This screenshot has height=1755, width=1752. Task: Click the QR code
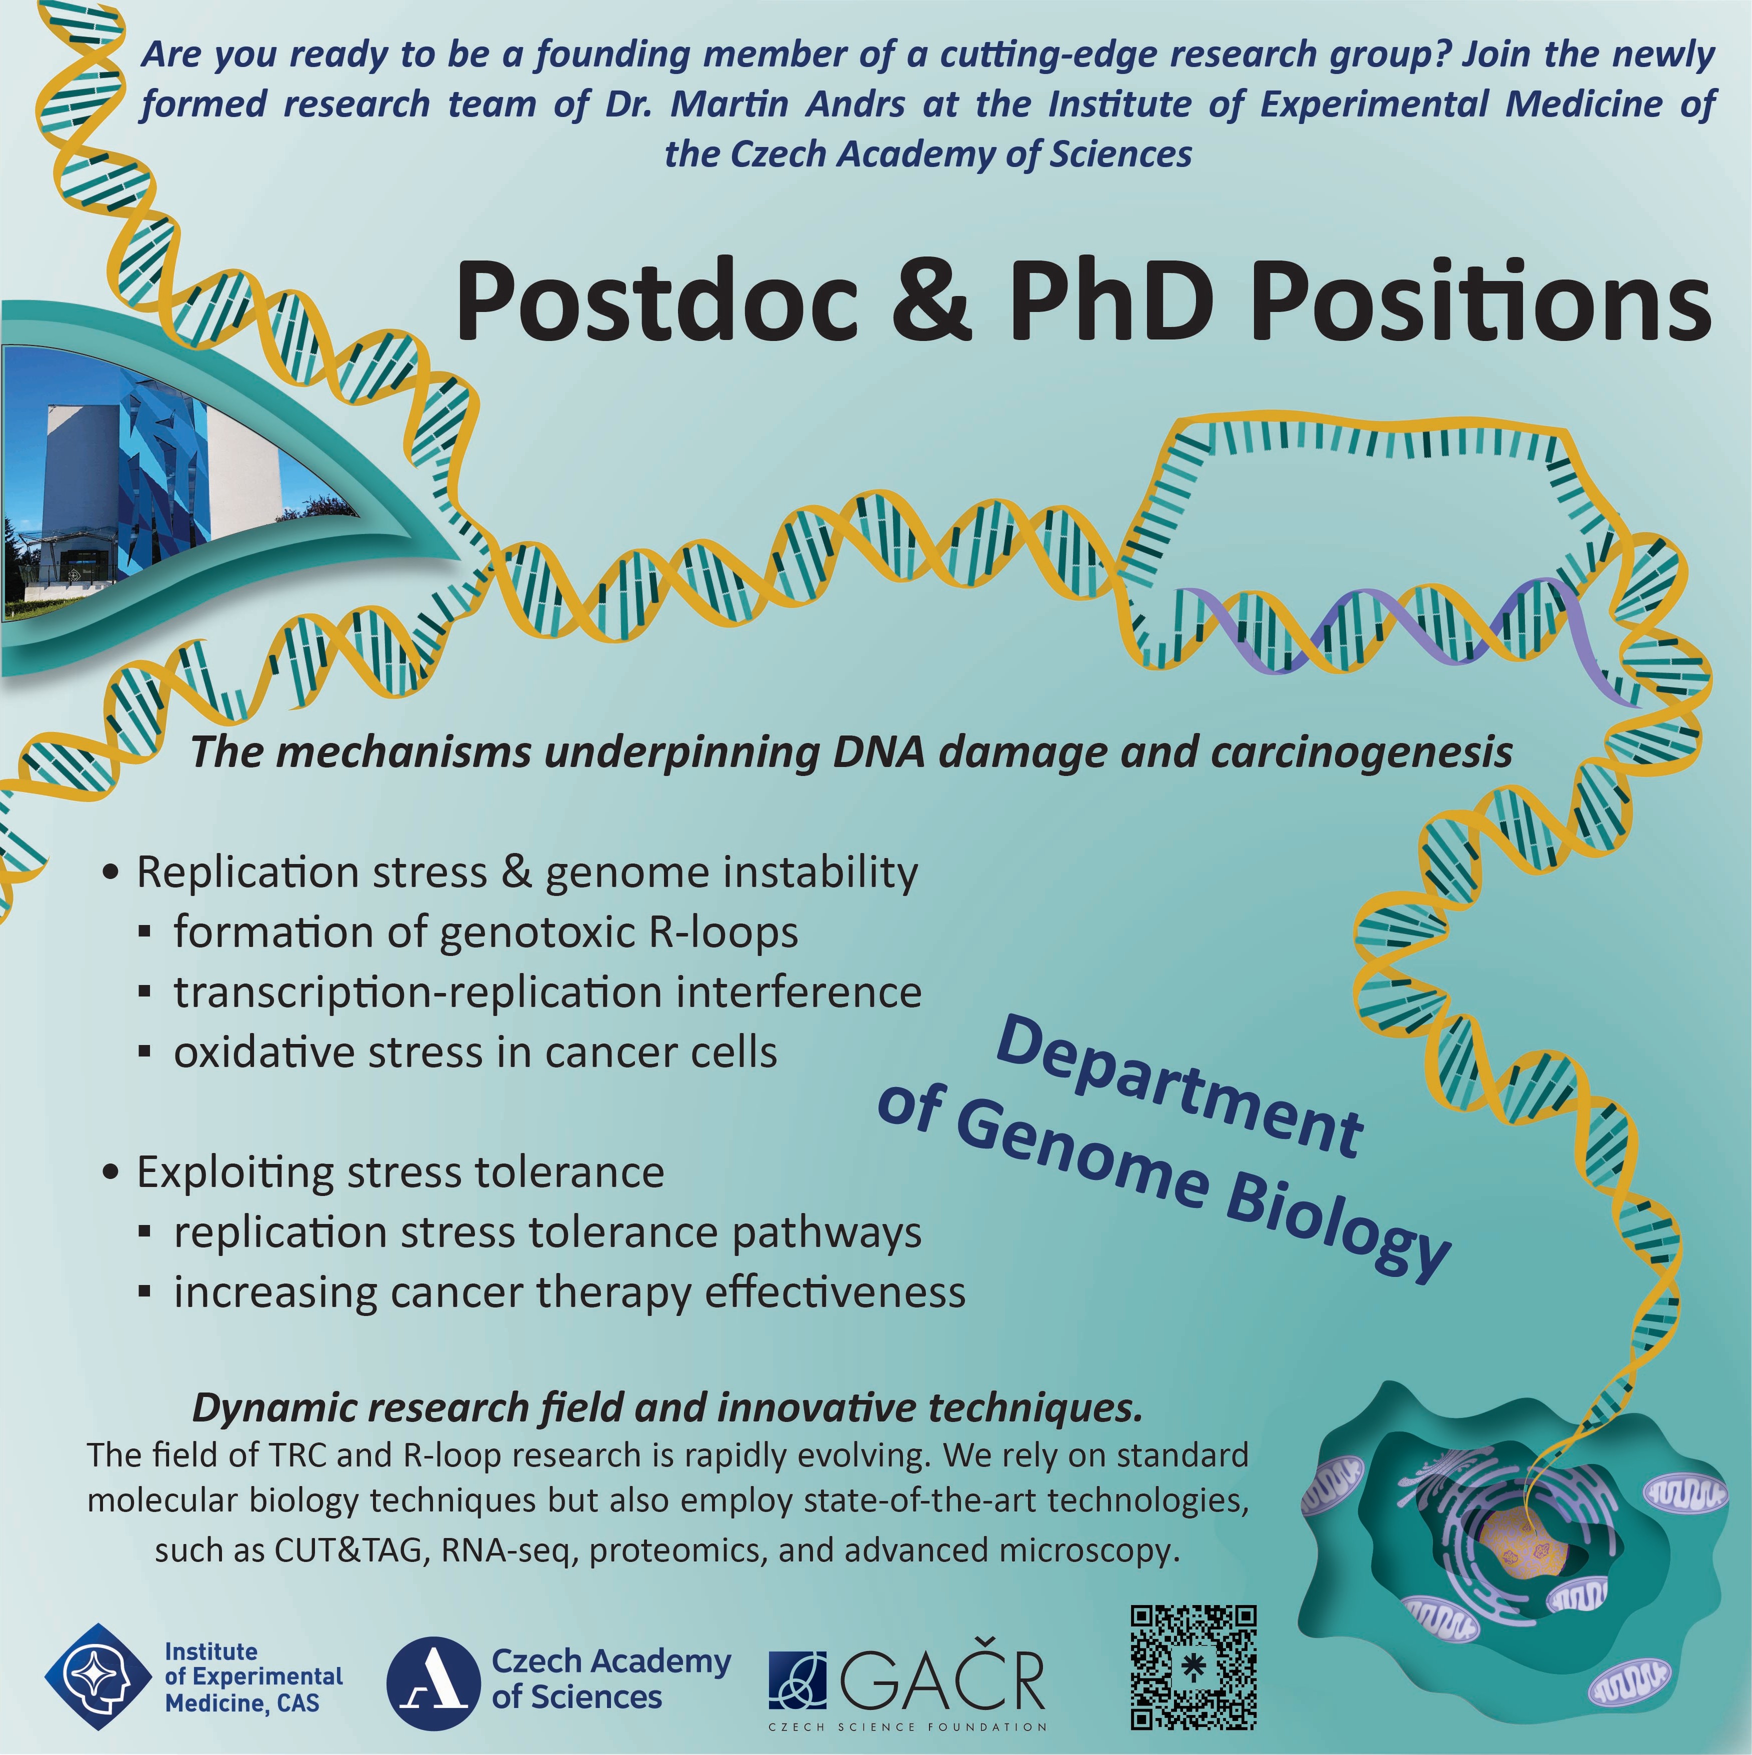coord(1192,1667)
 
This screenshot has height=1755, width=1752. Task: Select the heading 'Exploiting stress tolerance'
coord(399,1172)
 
